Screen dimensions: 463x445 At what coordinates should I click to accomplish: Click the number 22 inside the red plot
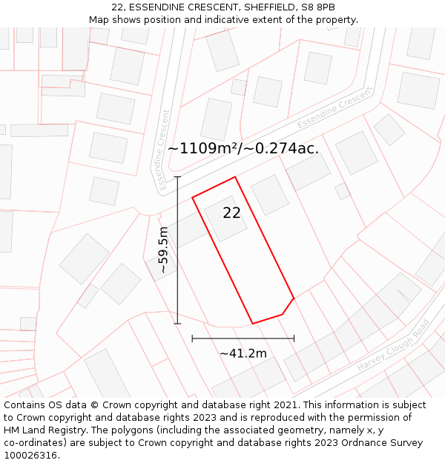pos(231,213)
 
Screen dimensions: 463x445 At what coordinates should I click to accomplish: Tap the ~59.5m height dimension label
pos(163,250)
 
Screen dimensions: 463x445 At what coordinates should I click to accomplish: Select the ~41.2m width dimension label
pos(243,353)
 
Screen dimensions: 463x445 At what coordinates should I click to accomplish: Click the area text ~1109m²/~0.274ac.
pos(243,148)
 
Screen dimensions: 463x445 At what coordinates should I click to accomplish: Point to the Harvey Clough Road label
pos(393,346)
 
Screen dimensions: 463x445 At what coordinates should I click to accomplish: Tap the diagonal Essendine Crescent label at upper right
pos(334,111)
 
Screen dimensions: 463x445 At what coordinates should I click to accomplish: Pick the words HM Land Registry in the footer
pos(40,430)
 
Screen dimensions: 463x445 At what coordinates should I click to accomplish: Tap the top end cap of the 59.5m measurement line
pos(177,177)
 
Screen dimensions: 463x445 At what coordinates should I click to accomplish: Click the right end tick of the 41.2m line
pos(294,339)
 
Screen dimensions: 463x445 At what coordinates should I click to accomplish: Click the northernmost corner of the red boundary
pos(235,177)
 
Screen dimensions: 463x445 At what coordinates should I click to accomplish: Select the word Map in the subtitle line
pos(99,20)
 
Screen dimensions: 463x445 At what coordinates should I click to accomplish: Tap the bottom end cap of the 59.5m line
pos(177,324)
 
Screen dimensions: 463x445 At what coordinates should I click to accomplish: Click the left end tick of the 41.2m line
pos(193,339)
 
